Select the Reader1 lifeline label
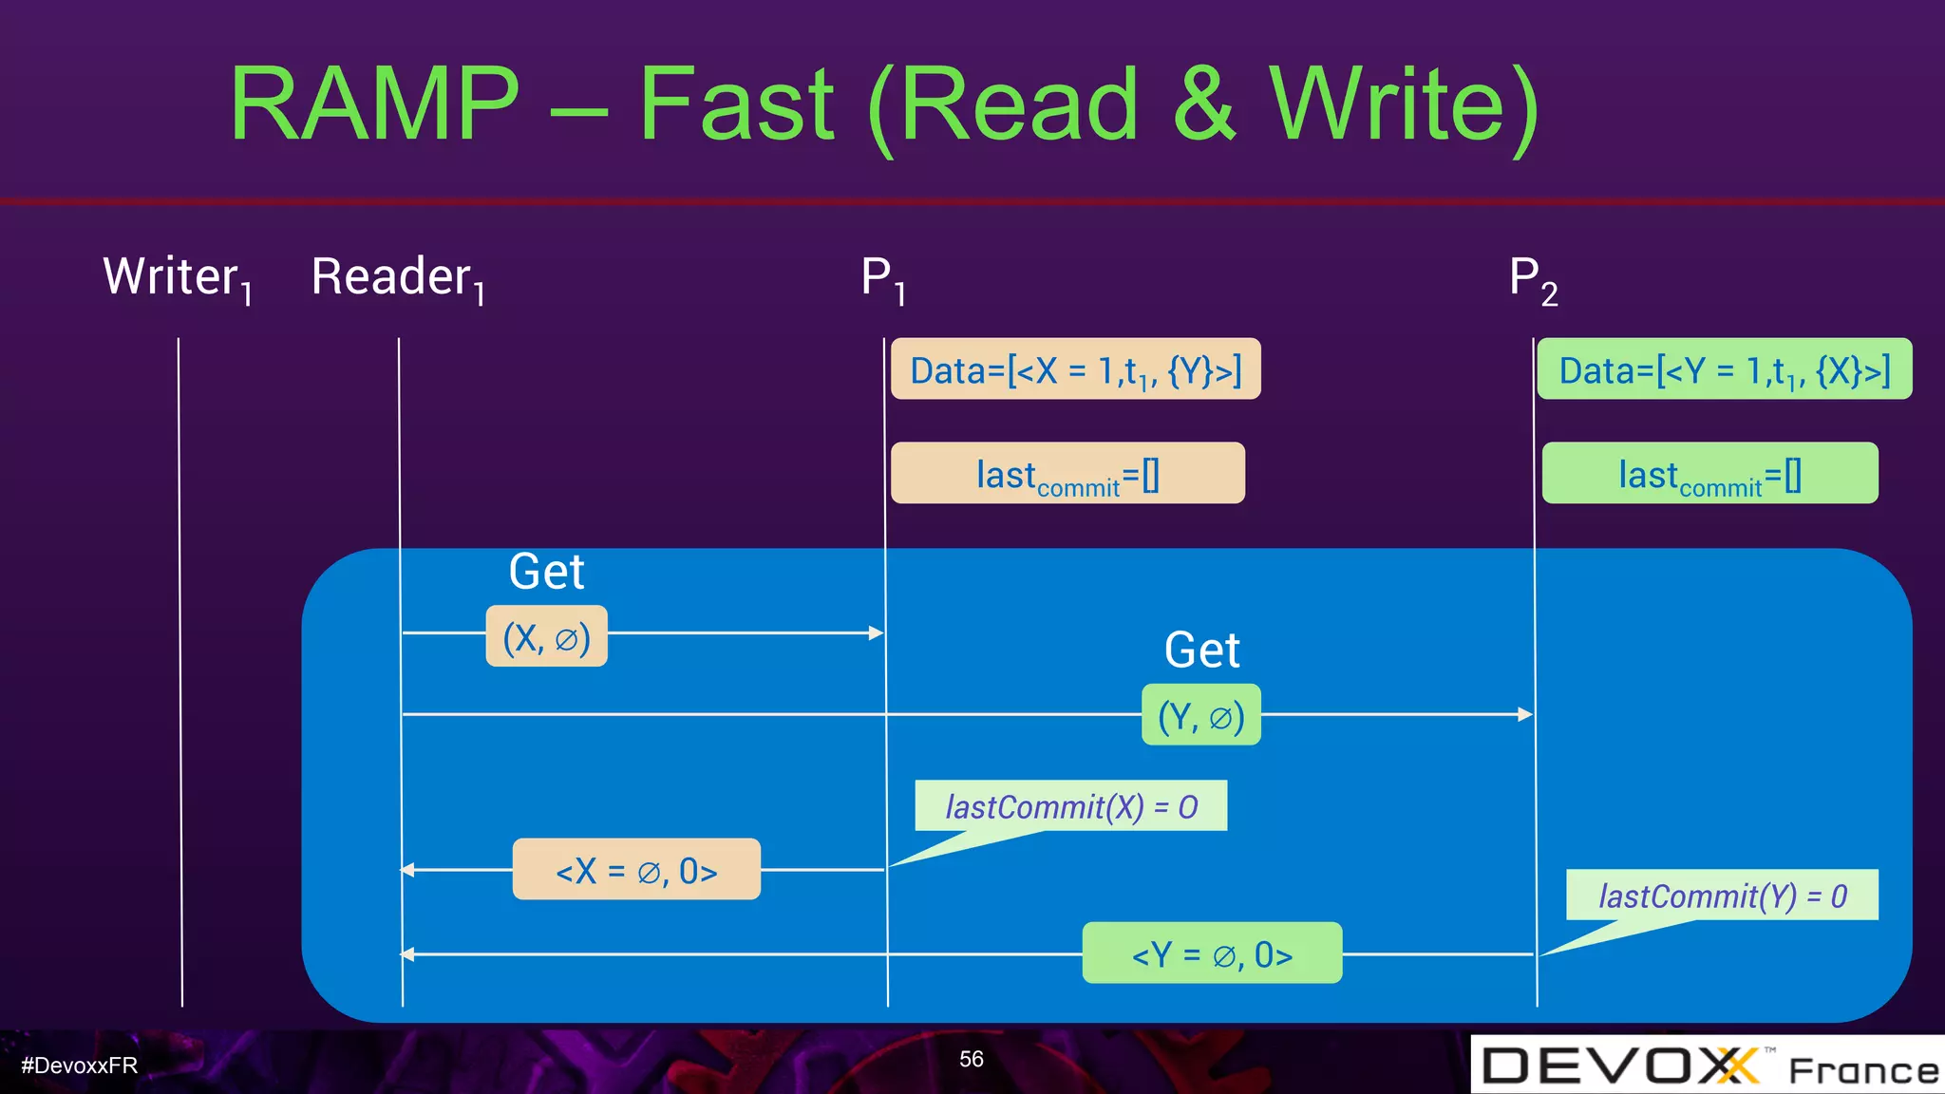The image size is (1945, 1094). click(398, 278)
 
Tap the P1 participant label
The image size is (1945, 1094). click(882, 279)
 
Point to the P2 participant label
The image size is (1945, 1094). click(1533, 279)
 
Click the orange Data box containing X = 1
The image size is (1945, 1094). click(1075, 369)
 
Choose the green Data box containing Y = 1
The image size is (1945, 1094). click(1724, 369)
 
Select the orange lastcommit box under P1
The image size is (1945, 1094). click(1067, 473)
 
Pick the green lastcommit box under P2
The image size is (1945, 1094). click(1709, 473)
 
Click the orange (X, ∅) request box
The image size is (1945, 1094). click(546, 636)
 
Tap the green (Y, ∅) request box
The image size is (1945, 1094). click(1200, 715)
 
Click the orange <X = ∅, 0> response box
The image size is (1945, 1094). click(636, 869)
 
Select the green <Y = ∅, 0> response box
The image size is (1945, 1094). click(1212, 953)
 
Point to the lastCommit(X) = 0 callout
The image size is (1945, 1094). click(1070, 806)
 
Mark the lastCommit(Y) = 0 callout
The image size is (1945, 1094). click(1722, 895)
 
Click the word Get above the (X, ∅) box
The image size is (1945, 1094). click(546, 572)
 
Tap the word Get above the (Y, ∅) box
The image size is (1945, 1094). click(1201, 651)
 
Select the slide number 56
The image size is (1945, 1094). click(971, 1059)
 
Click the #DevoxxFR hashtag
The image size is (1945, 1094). click(79, 1066)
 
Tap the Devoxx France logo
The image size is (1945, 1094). click(1707, 1066)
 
